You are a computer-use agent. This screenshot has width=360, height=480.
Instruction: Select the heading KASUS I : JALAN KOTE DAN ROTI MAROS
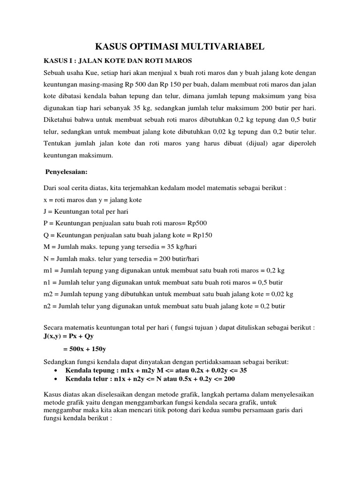pos(118,61)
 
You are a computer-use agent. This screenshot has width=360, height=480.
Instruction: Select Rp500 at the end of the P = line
pos(196,223)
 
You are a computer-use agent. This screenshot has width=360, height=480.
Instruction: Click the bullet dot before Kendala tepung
pos(56,370)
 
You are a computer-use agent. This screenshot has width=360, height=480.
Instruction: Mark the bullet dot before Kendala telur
pos(56,378)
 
